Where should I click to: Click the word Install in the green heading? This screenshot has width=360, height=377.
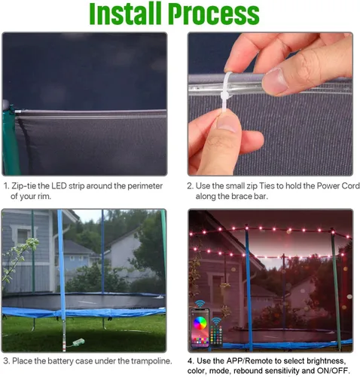tap(125, 13)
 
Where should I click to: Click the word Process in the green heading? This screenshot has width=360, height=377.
tap(214, 14)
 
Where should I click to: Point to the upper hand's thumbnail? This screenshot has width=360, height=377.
tap(275, 81)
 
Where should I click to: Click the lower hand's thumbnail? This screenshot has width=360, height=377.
tap(228, 122)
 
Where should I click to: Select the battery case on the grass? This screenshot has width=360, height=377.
tap(78, 342)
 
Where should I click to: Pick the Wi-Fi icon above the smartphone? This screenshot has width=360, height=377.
tap(200, 304)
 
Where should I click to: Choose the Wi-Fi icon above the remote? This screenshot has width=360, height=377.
tap(216, 321)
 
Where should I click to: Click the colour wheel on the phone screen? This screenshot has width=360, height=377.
tap(200, 323)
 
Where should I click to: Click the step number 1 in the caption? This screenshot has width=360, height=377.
tap(6, 186)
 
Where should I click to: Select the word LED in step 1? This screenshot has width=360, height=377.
tap(59, 186)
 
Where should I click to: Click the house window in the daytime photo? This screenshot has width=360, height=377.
tap(23, 236)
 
